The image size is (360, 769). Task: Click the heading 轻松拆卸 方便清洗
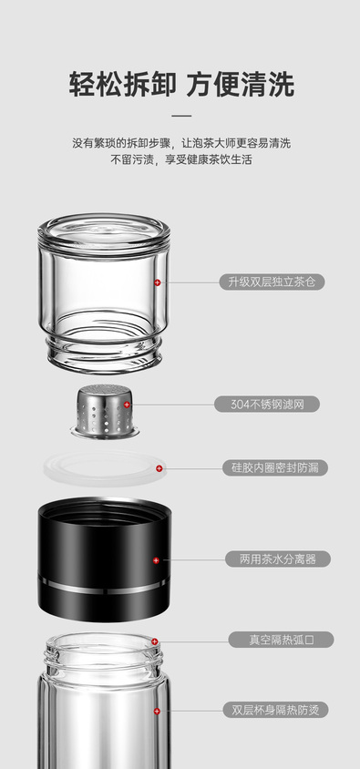click(x=181, y=85)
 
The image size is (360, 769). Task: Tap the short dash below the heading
click(x=181, y=116)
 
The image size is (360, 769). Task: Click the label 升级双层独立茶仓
click(x=272, y=282)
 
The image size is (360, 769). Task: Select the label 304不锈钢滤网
click(x=267, y=405)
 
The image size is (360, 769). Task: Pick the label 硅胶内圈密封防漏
click(x=275, y=468)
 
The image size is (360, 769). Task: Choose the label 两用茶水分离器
click(x=278, y=559)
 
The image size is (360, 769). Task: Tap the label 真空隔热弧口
click(x=281, y=640)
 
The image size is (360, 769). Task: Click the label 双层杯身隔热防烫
click(x=275, y=710)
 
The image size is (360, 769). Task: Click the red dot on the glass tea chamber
click(x=158, y=282)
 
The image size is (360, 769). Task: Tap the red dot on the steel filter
click(x=127, y=405)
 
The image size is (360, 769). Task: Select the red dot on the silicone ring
click(x=159, y=468)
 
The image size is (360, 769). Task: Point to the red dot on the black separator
click(x=156, y=560)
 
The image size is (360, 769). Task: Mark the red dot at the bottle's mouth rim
click(x=155, y=641)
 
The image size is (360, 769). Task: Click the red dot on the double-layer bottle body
click(x=157, y=711)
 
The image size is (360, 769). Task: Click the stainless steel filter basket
click(x=105, y=411)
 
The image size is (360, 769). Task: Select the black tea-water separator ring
click(x=105, y=559)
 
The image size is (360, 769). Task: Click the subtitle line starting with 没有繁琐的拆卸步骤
click(x=181, y=143)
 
